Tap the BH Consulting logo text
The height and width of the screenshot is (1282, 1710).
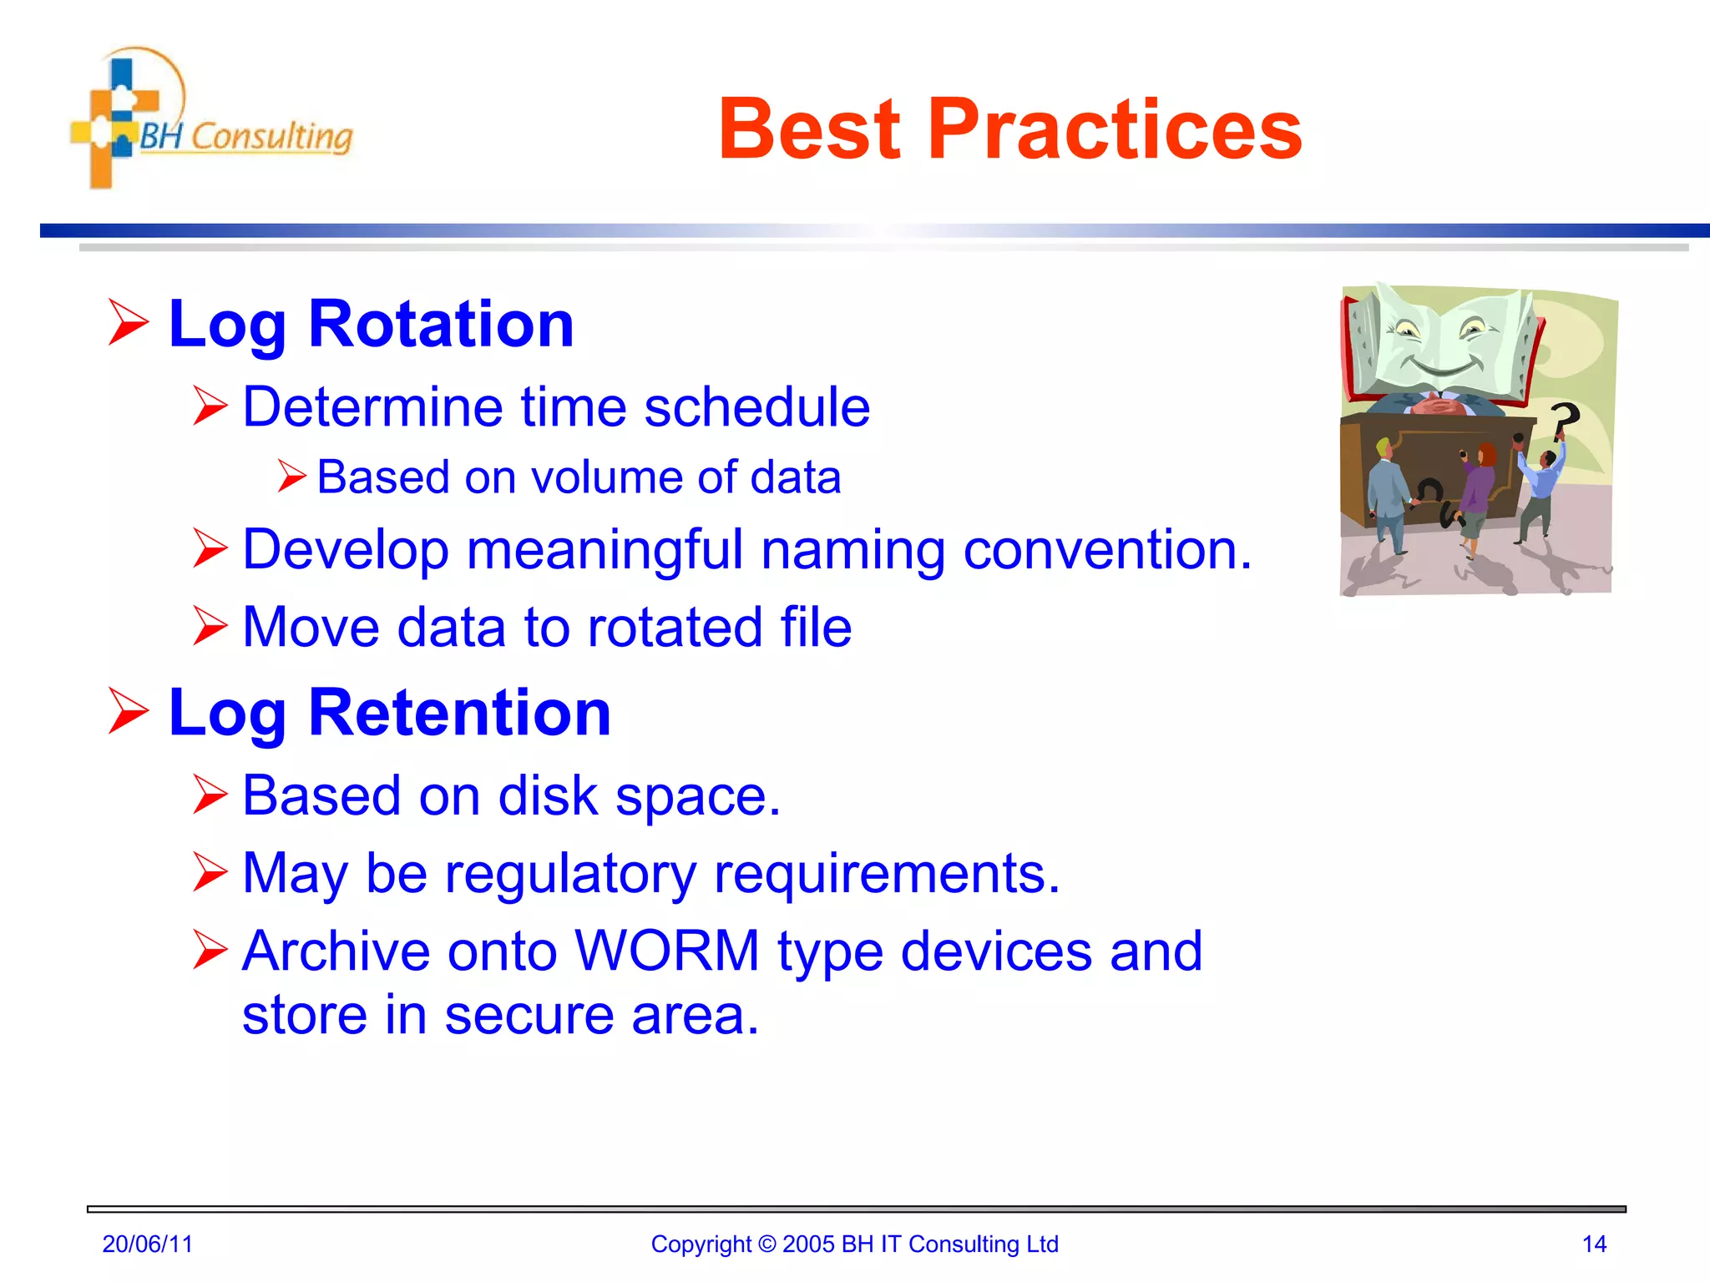tap(245, 136)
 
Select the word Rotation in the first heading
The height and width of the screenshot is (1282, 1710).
tap(441, 324)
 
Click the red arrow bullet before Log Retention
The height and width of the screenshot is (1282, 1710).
tap(129, 712)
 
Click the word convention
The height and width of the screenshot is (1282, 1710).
tap(1106, 550)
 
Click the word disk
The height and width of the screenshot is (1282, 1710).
tap(548, 795)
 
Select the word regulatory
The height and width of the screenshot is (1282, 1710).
tap(569, 874)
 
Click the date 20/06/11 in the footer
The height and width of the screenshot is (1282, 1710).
tap(147, 1244)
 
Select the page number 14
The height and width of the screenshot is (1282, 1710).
tap(1594, 1244)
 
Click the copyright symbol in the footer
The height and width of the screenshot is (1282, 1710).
tap(766, 1244)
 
